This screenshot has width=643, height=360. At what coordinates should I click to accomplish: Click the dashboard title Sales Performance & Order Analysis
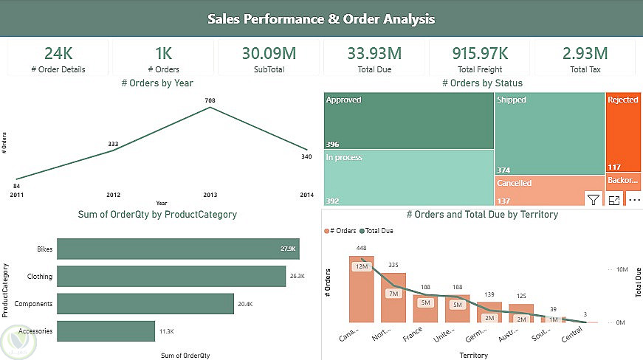point(321,18)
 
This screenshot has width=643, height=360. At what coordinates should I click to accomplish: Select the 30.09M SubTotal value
point(269,53)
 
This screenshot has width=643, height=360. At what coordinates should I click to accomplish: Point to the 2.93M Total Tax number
point(585,53)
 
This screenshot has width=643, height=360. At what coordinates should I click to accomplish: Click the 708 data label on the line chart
point(210,100)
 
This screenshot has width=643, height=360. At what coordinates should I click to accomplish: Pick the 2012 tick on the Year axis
point(113,195)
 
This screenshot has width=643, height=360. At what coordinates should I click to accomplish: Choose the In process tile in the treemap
point(408,177)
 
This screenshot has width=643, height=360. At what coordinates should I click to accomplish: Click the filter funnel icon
point(593,199)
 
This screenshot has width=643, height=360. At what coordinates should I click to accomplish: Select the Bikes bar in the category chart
point(178,249)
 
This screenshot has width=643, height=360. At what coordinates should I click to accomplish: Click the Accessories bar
point(106,331)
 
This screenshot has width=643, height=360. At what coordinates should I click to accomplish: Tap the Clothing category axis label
point(40,277)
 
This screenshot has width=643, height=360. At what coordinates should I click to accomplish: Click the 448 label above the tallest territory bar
point(361,248)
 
